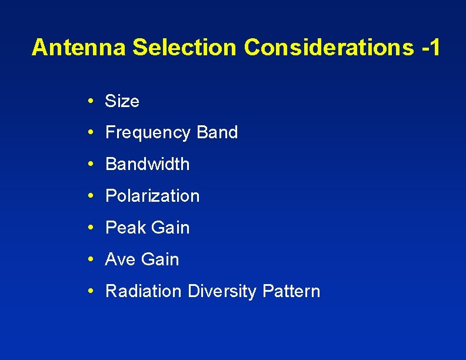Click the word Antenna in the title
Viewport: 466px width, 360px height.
(79, 48)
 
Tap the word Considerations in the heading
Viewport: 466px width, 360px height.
(329, 48)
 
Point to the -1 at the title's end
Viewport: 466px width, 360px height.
(430, 48)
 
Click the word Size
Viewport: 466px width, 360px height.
(122, 102)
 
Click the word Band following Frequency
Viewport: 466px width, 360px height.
(217, 133)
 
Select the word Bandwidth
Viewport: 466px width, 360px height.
(147, 165)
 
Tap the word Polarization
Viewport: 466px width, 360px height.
(152, 196)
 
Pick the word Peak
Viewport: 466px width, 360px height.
(125, 228)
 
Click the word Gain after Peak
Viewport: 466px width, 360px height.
(170, 228)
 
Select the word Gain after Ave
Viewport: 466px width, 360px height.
(159, 260)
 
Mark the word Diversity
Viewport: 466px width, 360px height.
(222, 292)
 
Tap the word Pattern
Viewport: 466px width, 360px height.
(291, 292)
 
